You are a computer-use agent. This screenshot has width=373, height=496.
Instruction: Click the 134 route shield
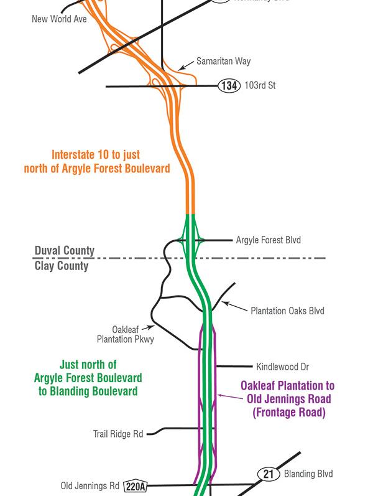[x=229, y=86]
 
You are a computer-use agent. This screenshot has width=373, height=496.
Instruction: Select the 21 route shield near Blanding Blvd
[x=268, y=474]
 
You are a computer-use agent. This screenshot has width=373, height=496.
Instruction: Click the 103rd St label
[x=260, y=86]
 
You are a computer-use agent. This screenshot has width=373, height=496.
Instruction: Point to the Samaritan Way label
[x=223, y=62]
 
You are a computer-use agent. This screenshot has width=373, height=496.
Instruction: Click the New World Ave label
[x=59, y=19]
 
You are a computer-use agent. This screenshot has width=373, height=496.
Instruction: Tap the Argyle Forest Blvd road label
[x=268, y=240]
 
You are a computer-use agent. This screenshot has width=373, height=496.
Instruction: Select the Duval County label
[x=64, y=251]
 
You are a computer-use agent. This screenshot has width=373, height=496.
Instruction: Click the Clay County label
[x=61, y=266]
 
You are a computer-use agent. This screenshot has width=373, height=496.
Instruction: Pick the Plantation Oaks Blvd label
[x=287, y=311]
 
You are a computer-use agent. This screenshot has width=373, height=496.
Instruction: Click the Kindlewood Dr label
[x=282, y=367]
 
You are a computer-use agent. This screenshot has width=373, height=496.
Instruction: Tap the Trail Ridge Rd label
[x=118, y=434]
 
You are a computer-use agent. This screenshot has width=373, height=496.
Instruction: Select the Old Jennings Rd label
[x=90, y=485]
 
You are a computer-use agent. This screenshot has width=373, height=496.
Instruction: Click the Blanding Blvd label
[x=308, y=474]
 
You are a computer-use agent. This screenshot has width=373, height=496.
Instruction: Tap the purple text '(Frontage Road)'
[x=289, y=412]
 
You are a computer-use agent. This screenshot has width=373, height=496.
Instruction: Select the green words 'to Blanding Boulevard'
[x=86, y=391]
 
